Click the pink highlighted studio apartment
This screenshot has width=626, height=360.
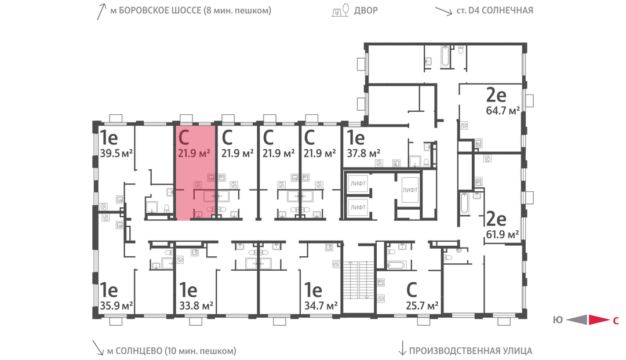195,172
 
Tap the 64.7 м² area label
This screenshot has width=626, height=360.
503,110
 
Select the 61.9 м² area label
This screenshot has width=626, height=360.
502,234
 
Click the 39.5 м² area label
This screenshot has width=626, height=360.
116,153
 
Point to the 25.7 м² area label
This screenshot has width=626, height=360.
422,306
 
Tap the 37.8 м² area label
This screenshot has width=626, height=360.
363,153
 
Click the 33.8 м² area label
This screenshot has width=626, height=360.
196,306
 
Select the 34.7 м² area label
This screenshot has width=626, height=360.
321,306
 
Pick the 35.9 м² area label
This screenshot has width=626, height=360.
116,306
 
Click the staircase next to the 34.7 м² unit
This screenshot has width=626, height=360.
359,280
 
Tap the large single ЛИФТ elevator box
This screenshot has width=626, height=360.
410,190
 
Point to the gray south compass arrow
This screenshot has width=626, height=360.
577,319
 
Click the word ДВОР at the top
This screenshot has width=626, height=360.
366,10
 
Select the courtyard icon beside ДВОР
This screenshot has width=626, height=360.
341,10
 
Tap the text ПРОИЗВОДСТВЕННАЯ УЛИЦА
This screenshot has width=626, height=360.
471,351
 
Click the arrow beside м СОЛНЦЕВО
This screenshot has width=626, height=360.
98,348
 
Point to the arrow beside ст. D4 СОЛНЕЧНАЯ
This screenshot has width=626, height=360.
443,11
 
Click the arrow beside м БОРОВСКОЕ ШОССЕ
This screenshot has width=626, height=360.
101,11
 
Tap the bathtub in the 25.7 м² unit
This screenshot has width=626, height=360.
396,265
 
